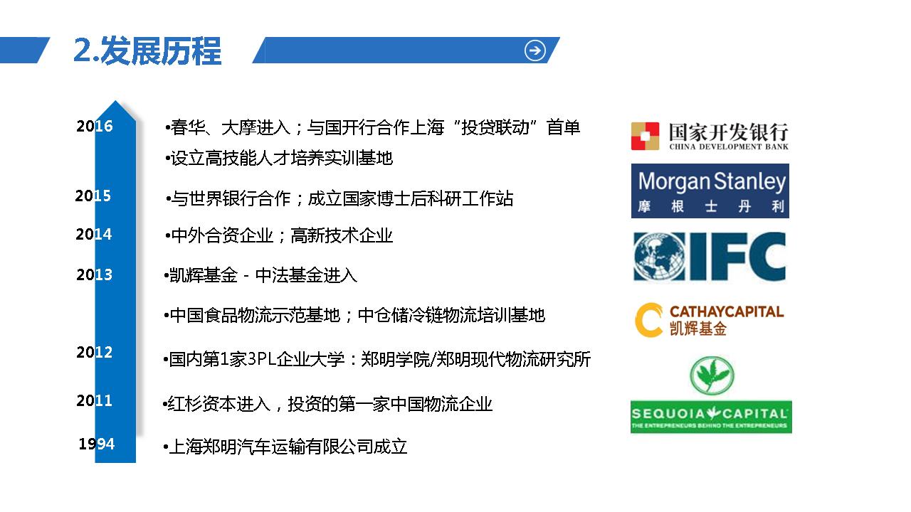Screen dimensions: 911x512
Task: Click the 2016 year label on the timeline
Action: tap(95, 126)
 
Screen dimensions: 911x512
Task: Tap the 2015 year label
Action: tap(93, 196)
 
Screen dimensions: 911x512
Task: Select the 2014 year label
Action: tap(93, 234)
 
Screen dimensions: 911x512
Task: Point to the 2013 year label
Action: tap(95, 274)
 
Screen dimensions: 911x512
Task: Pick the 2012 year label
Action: tap(95, 352)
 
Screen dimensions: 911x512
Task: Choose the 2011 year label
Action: tap(95, 400)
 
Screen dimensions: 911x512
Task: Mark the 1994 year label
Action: tap(97, 444)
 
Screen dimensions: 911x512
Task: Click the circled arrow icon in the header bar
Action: tap(535, 50)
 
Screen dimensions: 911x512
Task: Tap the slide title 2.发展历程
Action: tap(147, 50)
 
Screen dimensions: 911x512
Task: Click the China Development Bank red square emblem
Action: tap(645, 136)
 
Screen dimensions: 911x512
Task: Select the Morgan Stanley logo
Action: tap(710, 191)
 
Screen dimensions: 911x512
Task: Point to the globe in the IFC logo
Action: tap(659, 257)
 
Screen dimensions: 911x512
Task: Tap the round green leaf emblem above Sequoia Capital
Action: tap(712, 375)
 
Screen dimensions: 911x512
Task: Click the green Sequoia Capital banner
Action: tap(711, 417)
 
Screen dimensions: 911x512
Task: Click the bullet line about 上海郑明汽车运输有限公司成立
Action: tap(285, 447)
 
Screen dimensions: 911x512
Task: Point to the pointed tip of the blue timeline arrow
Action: tap(115, 101)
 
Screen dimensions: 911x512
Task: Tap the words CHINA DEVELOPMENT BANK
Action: tap(729, 146)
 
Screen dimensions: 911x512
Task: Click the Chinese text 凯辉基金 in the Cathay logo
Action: tap(698, 329)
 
